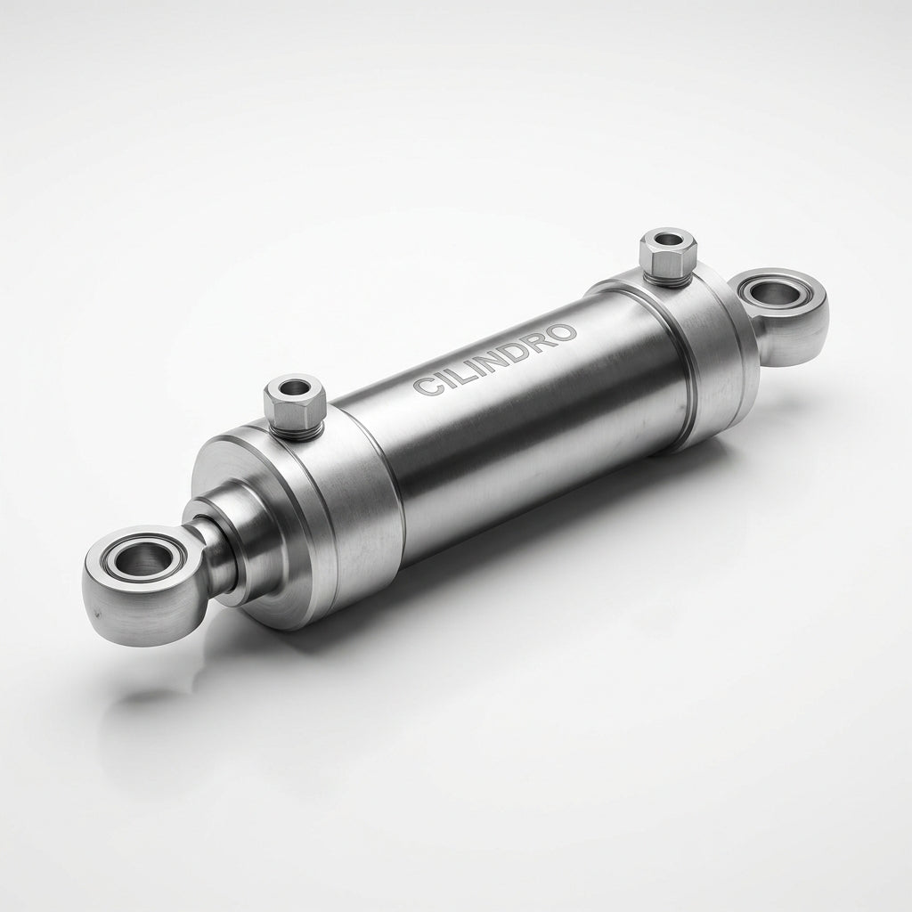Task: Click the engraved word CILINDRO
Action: [x=495, y=360]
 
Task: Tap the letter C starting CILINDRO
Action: [x=425, y=387]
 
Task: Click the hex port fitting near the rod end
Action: [x=293, y=405]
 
